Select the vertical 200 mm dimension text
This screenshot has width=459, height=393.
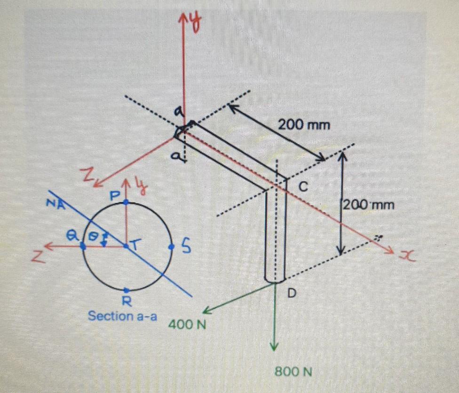(369, 205)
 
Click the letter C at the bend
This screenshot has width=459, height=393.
(303, 187)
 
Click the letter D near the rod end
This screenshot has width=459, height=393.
(292, 293)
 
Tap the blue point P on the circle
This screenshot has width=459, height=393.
(126, 202)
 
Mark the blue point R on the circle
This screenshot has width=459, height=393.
(126, 290)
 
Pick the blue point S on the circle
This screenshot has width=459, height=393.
(171, 246)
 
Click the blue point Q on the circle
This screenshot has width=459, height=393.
(83, 246)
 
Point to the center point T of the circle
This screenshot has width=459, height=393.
(126, 246)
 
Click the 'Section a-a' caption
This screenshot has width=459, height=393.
(122, 316)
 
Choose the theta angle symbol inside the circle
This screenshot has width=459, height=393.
(95, 236)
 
